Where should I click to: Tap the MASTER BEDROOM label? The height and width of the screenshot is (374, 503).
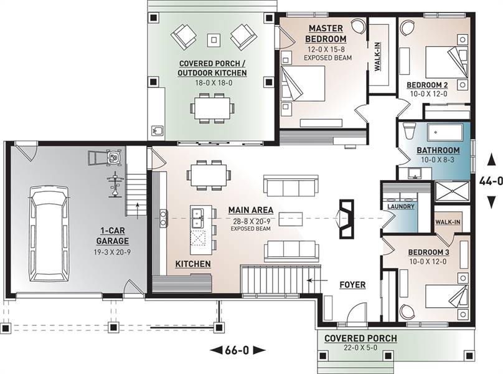coord(326,34)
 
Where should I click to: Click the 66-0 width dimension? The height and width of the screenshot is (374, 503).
coord(237,350)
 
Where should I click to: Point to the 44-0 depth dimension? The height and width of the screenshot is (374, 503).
coord(491,181)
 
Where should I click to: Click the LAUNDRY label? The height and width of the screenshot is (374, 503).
coord(401,206)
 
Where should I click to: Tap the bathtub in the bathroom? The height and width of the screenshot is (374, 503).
coord(444,132)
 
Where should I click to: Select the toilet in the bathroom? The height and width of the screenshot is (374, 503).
coord(408,130)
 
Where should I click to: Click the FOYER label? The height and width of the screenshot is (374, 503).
coord(352,285)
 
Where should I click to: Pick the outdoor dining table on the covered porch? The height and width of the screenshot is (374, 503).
coord(212,108)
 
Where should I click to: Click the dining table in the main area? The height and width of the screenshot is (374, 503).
coord(209,175)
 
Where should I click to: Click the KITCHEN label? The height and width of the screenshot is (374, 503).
coord(193,264)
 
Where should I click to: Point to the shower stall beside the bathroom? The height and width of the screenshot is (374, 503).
coord(452,191)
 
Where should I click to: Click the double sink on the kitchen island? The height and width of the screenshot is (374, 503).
coord(197,218)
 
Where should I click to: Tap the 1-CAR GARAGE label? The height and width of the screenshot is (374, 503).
coord(113,236)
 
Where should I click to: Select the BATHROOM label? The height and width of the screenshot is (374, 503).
coord(438,150)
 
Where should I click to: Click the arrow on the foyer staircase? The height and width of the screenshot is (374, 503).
coord(317,280)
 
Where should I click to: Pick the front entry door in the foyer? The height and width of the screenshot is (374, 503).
coord(356,313)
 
